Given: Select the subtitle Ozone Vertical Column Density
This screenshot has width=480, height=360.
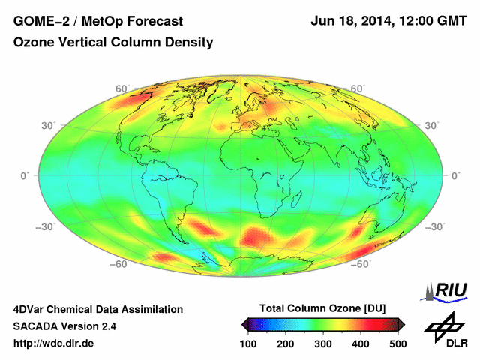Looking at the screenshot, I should (x=113, y=43).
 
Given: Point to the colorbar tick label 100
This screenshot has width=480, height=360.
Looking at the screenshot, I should (x=249, y=343).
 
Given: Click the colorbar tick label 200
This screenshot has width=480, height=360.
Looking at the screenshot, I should (x=286, y=343).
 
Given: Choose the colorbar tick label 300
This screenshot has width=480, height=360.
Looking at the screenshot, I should (x=323, y=343).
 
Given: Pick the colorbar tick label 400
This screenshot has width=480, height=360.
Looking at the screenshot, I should (x=361, y=343).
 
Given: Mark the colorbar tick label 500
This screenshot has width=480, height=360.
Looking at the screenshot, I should (x=397, y=343).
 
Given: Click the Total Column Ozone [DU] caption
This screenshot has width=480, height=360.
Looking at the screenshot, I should (x=322, y=308).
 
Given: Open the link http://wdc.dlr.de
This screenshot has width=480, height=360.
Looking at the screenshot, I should (x=54, y=343).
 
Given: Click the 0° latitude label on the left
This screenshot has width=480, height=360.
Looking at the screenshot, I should (x=25, y=176).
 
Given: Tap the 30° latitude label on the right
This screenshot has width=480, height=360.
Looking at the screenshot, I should (x=431, y=125).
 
